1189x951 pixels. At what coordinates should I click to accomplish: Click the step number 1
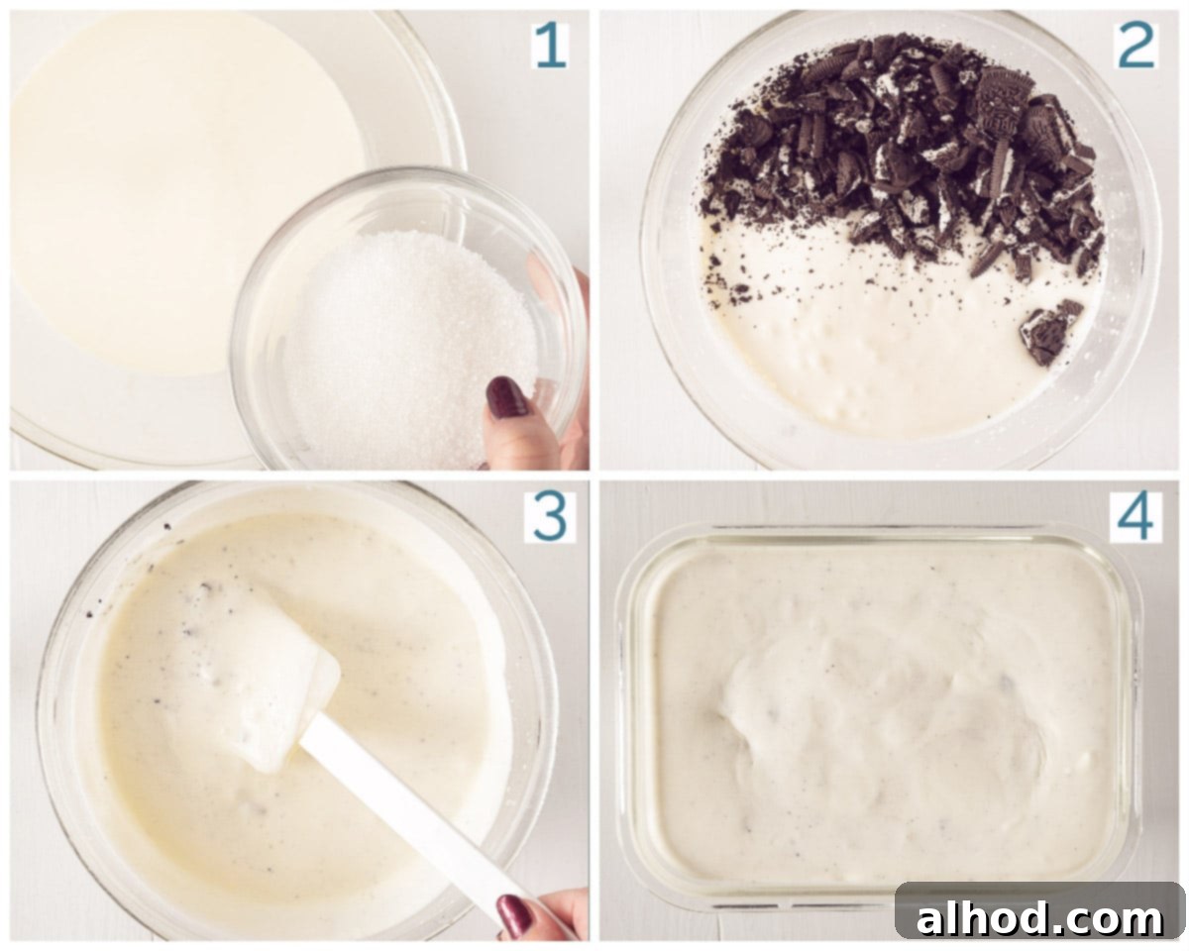(551, 46)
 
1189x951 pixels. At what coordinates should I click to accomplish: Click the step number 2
(1135, 46)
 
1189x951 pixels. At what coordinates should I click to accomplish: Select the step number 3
(550, 517)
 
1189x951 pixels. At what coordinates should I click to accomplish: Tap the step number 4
(1135, 517)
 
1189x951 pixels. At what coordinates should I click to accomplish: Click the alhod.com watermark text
(1038, 918)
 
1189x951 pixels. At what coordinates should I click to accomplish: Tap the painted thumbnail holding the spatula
(514, 915)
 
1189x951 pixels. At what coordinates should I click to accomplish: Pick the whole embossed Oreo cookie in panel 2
(1006, 111)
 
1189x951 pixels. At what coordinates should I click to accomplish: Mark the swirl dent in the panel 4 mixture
(735, 729)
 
